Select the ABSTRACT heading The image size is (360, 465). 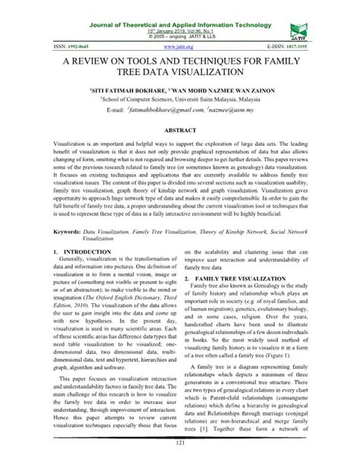tap(180, 131)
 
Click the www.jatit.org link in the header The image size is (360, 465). tap(179, 46)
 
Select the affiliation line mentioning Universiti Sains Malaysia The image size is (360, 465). tap(180, 99)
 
